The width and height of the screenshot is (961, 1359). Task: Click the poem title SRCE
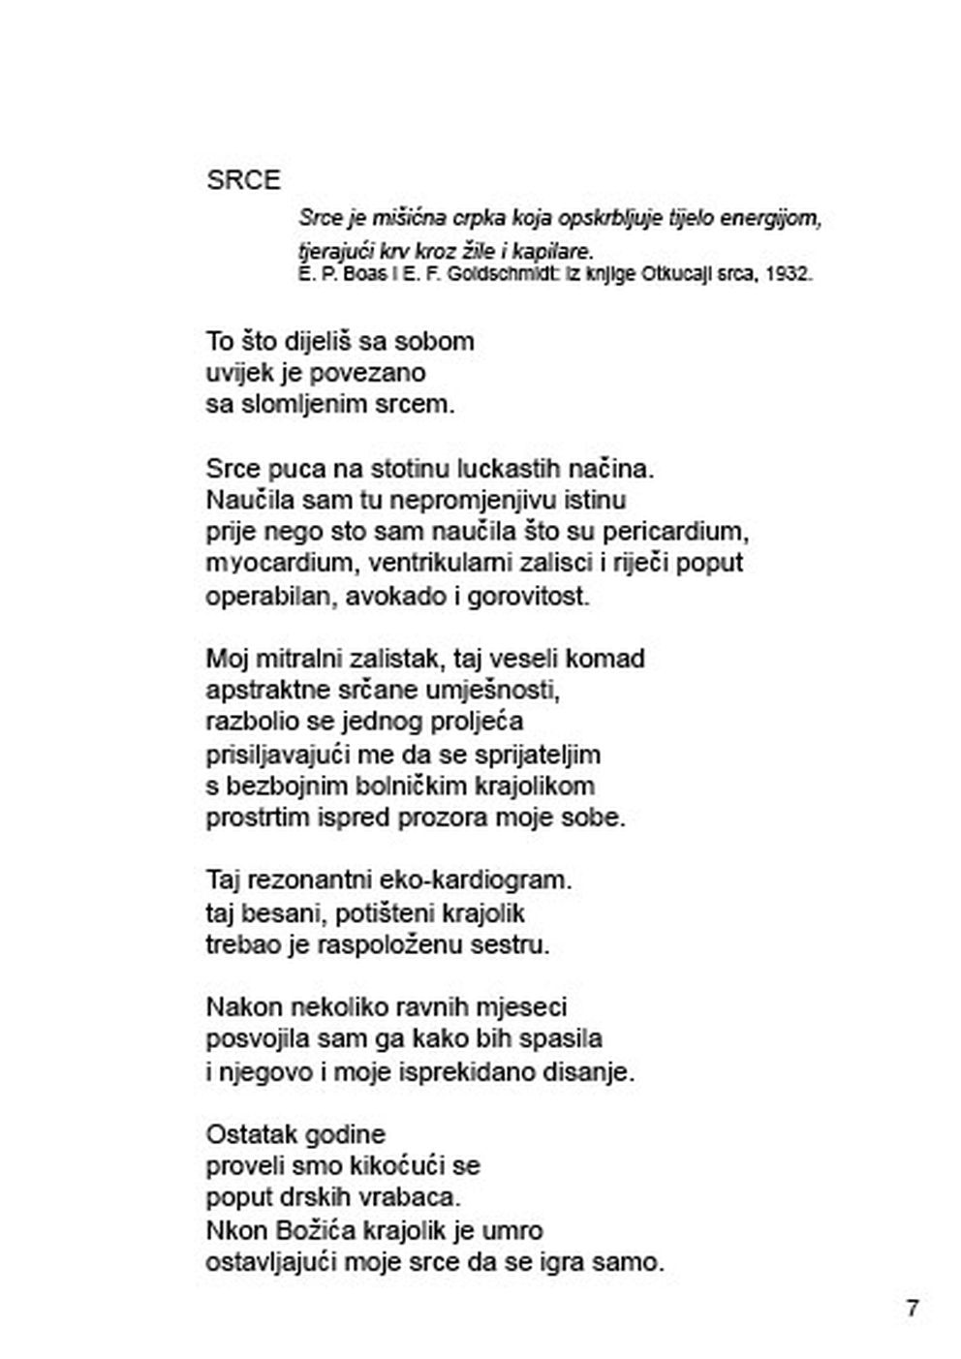click(x=243, y=180)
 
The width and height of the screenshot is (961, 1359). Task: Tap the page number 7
click(x=912, y=1308)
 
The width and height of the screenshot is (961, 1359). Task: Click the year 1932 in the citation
click(x=788, y=274)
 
